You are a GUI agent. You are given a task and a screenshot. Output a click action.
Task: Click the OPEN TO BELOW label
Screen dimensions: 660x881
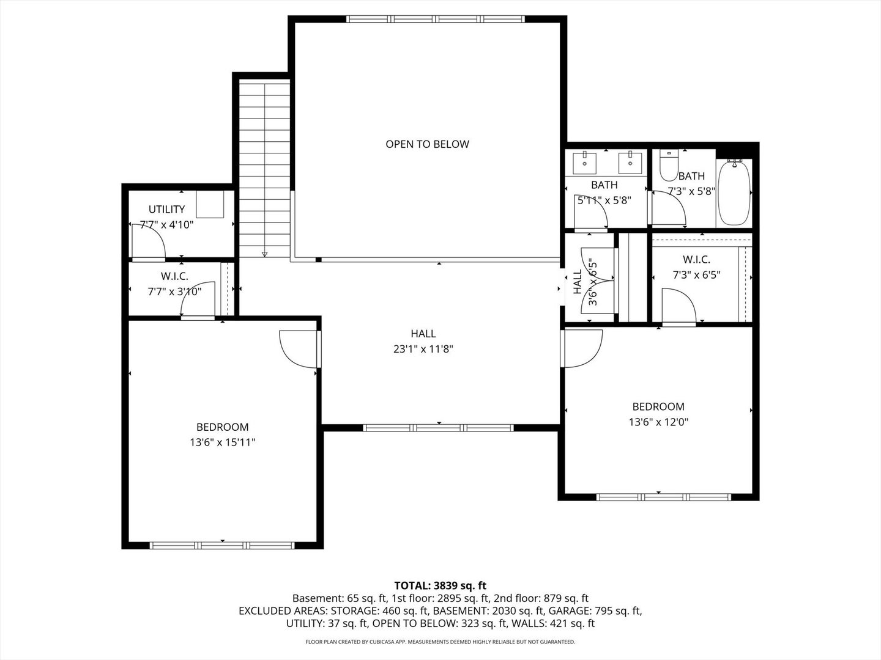tap(427, 144)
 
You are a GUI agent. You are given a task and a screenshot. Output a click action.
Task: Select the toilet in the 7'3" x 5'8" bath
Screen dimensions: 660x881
tap(668, 164)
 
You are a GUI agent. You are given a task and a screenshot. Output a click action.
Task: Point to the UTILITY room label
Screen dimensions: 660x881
tap(166, 209)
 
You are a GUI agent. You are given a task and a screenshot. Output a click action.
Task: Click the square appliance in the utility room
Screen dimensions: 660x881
tap(210, 204)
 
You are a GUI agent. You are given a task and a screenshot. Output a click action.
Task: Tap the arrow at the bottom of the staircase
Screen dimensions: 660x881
tap(264, 253)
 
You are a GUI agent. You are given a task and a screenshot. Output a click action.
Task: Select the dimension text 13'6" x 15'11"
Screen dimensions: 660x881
tap(222, 442)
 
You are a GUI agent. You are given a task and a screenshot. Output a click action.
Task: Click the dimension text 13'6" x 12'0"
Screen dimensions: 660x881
tap(658, 422)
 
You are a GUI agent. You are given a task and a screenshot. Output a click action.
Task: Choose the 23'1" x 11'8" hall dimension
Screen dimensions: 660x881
tap(423, 350)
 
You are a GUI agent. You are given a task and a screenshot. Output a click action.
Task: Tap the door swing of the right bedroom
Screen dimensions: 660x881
tap(582, 348)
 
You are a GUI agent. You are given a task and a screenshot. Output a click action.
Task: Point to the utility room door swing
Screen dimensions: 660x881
tap(149, 240)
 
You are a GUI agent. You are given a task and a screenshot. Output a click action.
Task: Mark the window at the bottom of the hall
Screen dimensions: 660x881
tap(439, 427)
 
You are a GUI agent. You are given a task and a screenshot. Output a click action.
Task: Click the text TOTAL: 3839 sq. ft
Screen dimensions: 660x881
tap(440, 585)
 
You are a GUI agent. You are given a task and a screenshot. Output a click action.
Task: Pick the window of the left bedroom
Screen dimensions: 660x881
tap(222, 545)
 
